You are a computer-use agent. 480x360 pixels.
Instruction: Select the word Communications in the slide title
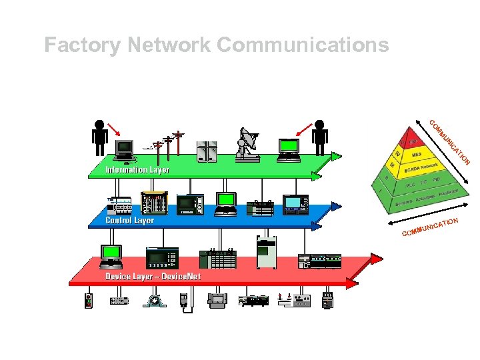(303, 45)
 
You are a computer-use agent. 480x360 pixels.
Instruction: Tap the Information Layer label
(137, 169)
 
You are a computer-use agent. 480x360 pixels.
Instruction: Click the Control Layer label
(129, 220)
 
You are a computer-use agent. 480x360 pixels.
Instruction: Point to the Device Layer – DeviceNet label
(153, 276)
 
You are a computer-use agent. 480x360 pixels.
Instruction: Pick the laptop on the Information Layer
(289, 149)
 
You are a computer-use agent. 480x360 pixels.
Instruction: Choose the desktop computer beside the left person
(125, 150)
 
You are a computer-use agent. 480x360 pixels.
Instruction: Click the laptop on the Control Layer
(227, 203)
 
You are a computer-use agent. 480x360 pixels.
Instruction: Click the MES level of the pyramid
(417, 154)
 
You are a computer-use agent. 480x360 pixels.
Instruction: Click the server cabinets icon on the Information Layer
(207, 151)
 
